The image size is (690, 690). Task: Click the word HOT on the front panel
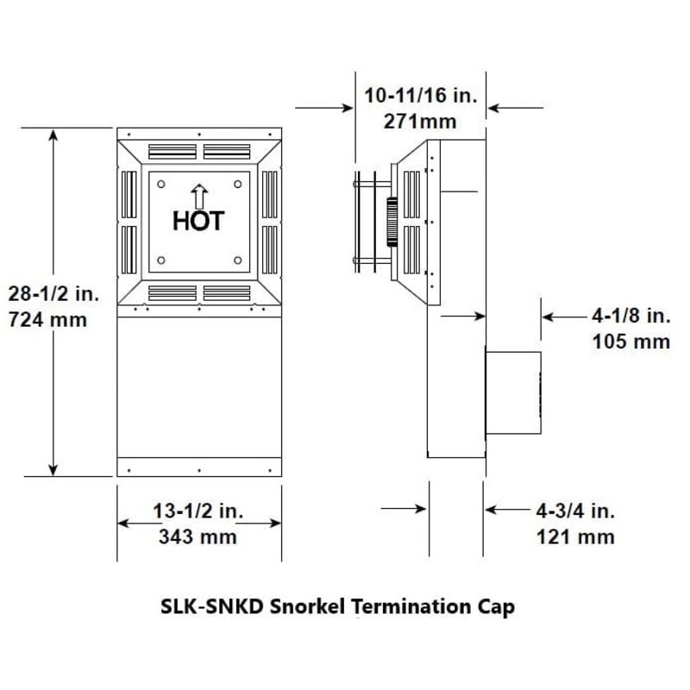[x=198, y=221]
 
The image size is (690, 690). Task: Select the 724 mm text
[x=48, y=320]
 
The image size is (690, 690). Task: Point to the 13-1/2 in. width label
[x=198, y=511]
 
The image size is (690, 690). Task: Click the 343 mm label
[x=198, y=537]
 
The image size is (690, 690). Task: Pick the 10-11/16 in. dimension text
[x=421, y=95]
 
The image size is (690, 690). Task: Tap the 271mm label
[x=421, y=121]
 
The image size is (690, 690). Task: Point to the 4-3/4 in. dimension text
[x=575, y=511]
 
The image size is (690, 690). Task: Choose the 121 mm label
[x=575, y=537]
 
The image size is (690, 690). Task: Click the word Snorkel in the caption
[x=309, y=606]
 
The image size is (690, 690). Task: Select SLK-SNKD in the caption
[x=212, y=606]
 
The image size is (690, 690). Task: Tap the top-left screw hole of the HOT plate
[x=161, y=183]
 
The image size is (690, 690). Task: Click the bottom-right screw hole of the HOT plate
[x=238, y=260]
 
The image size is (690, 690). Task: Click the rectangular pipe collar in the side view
[x=514, y=392]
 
